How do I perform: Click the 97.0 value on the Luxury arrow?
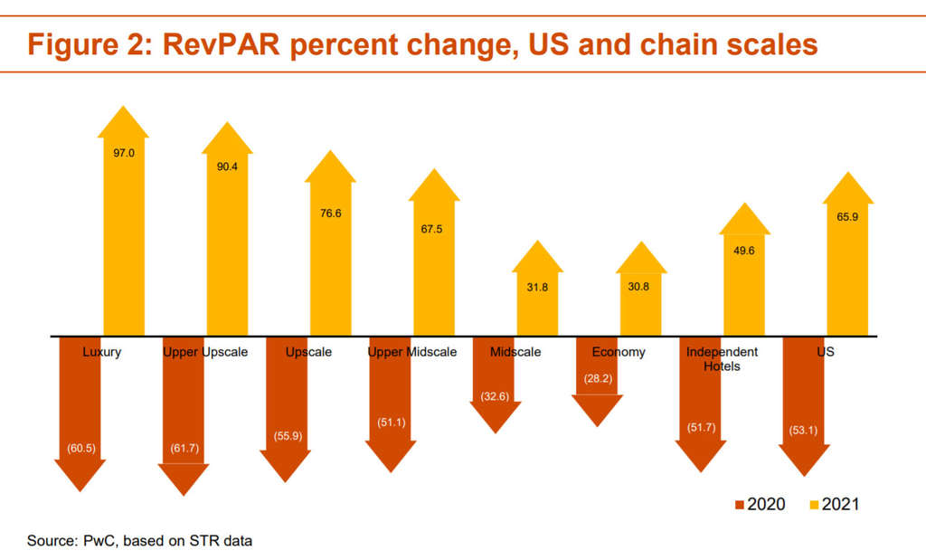124,154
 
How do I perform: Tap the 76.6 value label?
330,214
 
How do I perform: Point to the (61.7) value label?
184,449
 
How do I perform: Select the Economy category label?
619,352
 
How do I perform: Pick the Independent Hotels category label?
722,358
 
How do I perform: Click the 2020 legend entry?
759,504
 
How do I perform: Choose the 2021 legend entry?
832,504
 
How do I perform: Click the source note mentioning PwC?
139,541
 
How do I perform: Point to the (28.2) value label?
598,379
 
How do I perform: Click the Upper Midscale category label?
411,352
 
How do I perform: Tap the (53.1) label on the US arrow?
803,430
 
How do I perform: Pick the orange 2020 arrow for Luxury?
80,407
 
